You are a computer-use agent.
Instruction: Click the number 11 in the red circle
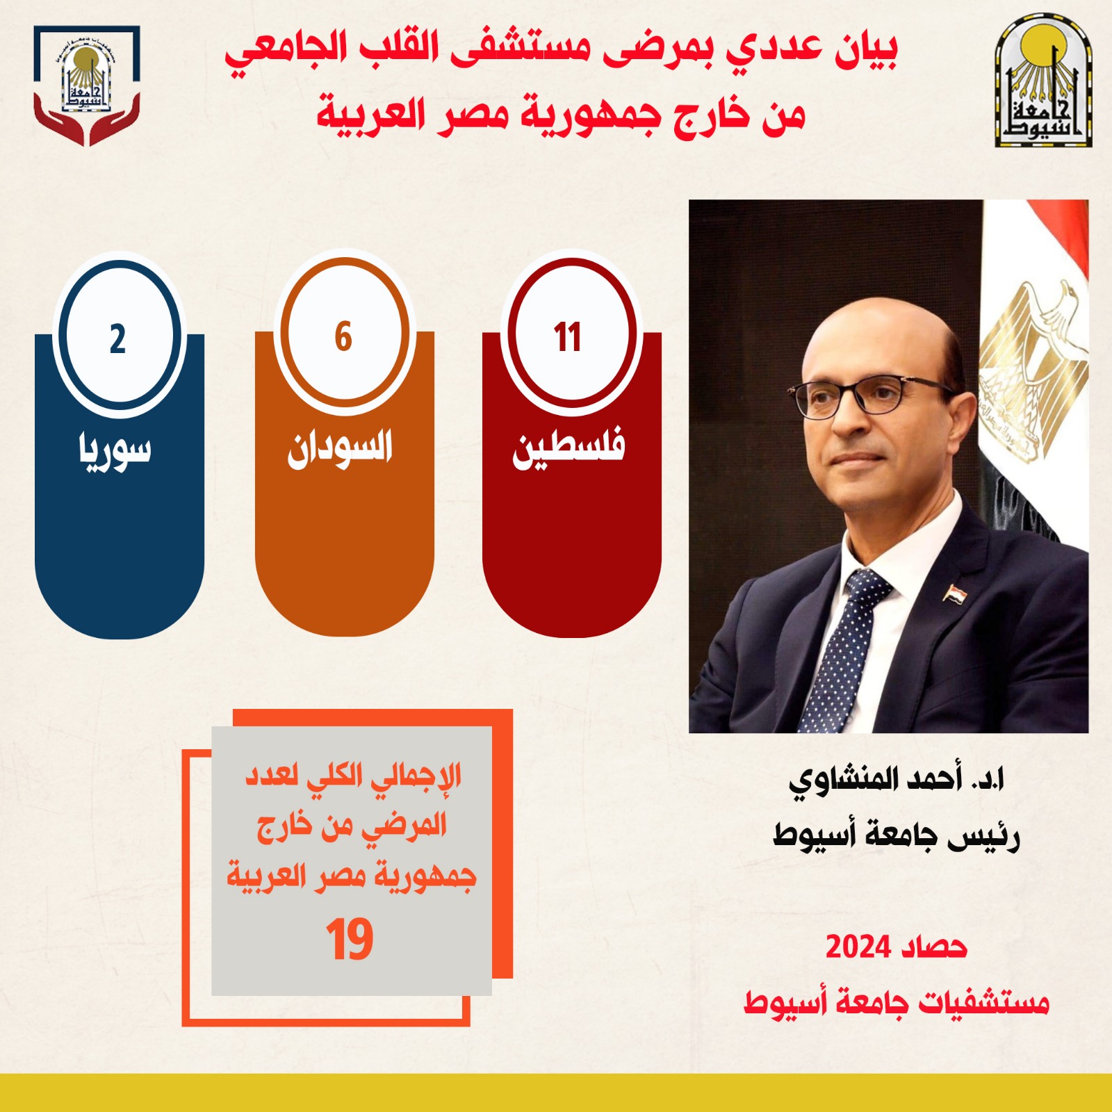coord(567,338)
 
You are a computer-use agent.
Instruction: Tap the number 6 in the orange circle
coord(343,337)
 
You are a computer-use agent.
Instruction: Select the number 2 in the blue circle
coord(117,339)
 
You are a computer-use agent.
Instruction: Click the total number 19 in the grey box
coord(350,940)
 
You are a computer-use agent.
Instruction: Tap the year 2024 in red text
coord(858,947)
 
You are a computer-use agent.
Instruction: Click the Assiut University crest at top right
coord(1043,84)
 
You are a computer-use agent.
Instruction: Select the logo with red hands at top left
coord(87,85)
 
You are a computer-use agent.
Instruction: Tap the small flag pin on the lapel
coord(952,593)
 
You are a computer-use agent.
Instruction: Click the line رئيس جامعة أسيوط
coord(897,834)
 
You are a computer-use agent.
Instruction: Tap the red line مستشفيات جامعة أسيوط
coord(897,1003)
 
